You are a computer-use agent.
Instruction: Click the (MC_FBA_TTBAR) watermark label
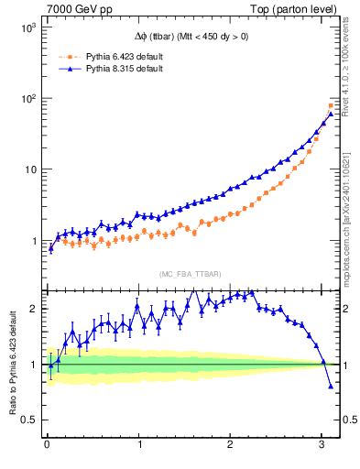(x=190, y=274)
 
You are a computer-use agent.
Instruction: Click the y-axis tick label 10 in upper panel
(x=27, y=170)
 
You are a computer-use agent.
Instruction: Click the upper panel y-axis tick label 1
(x=30, y=241)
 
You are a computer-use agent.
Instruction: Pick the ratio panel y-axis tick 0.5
(x=27, y=420)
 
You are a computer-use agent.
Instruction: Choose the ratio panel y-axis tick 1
(x=30, y=365)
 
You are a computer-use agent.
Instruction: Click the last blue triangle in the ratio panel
(x=331, y=386)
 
